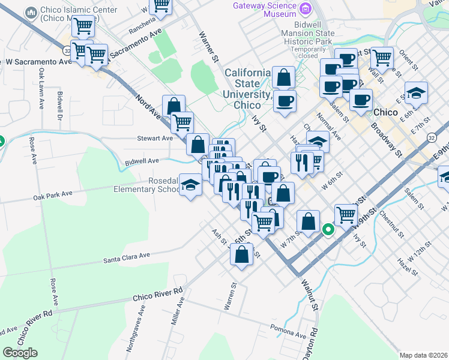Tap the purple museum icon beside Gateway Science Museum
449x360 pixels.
click(306, 9)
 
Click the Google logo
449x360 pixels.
click(20, 353)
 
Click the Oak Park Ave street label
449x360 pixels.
click(53, 194)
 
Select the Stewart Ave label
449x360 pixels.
click(154, 138)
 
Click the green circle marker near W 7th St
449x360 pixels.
click(328, 229)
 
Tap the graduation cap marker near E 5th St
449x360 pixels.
click(415, 93)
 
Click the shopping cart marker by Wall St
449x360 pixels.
click(382, 58)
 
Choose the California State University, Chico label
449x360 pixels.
click(250, 89)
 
